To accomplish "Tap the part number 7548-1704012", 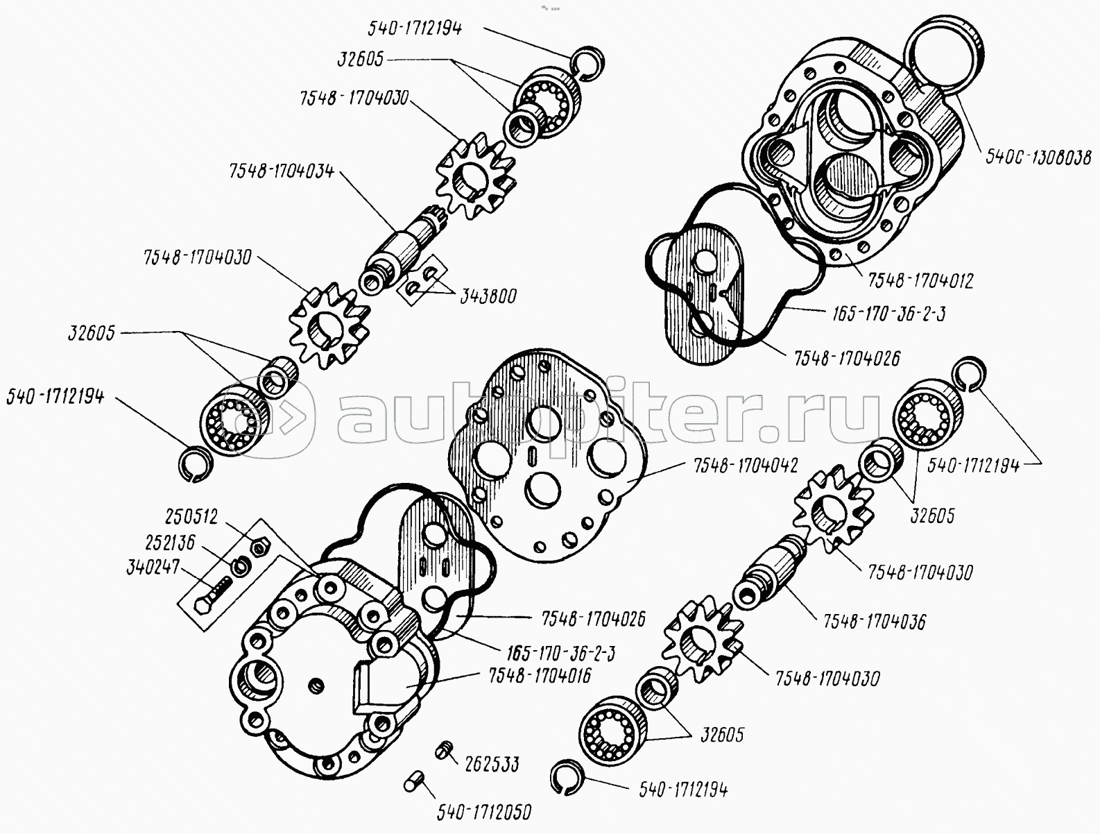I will pos(918,281).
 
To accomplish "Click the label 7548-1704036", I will pos(874,621).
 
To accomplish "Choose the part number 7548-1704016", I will pos(539,675).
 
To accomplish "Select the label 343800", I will pos(488,296).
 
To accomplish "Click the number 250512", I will pos(191,517).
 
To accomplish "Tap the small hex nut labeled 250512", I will pos(259,548).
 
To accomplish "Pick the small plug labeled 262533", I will pos(446,749).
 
